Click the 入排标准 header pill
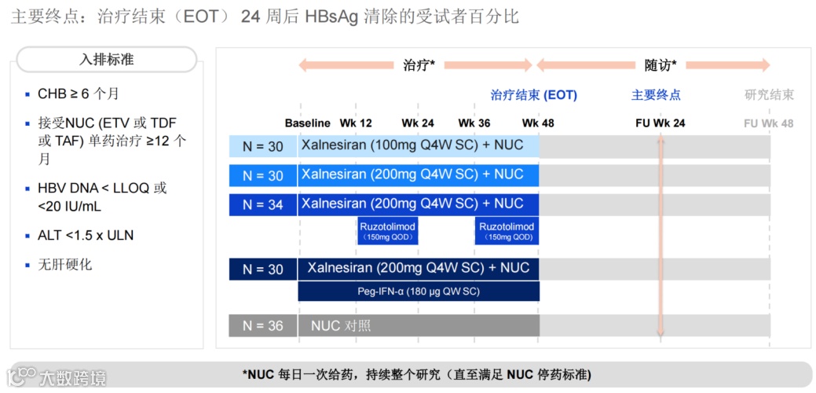[x=107, y=60]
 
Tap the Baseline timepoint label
[x=308, y=123]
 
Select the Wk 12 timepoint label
[x=356, y=123]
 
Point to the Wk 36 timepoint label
[x=474, y=123]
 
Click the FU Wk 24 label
[x=660, y=123]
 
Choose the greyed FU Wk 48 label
[x=768, y=123]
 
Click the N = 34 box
[x=263, y=204]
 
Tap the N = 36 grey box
[x=263, y=325]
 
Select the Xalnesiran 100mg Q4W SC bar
[x=418, y=145]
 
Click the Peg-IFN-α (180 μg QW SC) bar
[x=418, y=292]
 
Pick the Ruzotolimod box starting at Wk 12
[x=386, y=231]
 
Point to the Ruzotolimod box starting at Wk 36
[x=507, y=231]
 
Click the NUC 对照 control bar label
[x=341, y=325]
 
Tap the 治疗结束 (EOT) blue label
[x=533, y=95]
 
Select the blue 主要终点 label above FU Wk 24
[x=656, y=95]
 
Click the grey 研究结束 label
[x=769, y=95]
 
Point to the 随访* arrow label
[x=660, y=65]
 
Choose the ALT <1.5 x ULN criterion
[x=86, y=235]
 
